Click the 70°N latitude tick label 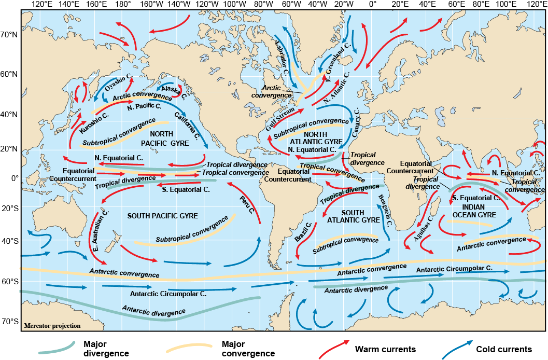(x=9, y=35)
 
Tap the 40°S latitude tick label (x=9, y=241)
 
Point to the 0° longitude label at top (x=372, y=5)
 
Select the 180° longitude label (x=123, y=5)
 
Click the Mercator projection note (x=52, y=326)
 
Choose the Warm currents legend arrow (x=334, y=350)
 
